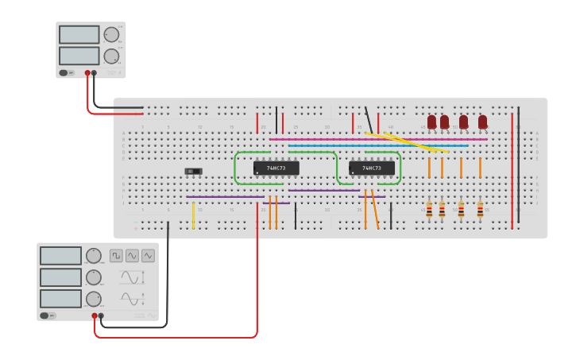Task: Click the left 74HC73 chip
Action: click(x=276, y=168)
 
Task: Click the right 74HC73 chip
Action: click(x=371, y=168)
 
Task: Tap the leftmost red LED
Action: click(x=431, y=122)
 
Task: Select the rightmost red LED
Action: click(x=482, y=122)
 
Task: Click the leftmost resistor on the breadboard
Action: click(x=429, y=210)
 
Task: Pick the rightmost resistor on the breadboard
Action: click(x=480, y=210)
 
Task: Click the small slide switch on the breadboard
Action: click(x=193, y=171)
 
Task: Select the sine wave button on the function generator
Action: click(x=132, y=256)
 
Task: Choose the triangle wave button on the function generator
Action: click(x=148, y=256)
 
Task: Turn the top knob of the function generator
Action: click(x=94, y=256)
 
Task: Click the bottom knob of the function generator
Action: click(x=94, y=299)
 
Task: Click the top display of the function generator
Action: click(x=61, y=256)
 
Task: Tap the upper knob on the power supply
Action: click(x=111, y=34)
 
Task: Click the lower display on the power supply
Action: click(x=79, y=56)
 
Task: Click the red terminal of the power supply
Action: click(x=87, y=73)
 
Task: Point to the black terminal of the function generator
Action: click(x=101, y=315)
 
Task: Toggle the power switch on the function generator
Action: click(x=49, y=315)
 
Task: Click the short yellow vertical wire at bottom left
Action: click(x=193, y=215)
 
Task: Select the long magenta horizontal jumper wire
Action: click(x=377, y=139)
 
